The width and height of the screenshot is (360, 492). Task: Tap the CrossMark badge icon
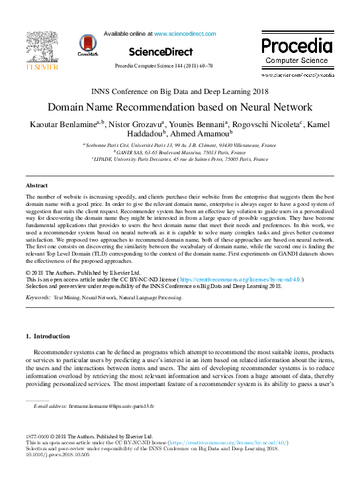[87, 44]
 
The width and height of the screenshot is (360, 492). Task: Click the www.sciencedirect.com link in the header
[185, 33]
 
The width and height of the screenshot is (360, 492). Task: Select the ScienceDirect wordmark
[160, 52]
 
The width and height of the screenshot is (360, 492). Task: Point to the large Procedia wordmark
[296, 46]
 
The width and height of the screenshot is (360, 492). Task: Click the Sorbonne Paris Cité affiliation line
[179, 144]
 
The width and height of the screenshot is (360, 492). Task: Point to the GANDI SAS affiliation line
[179, 152]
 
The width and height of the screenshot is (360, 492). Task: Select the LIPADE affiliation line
[179, 160]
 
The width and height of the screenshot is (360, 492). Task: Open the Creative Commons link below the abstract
[242, 279]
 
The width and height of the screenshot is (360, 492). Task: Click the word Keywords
[38, 299]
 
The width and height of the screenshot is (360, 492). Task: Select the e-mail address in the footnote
[111, 405]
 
